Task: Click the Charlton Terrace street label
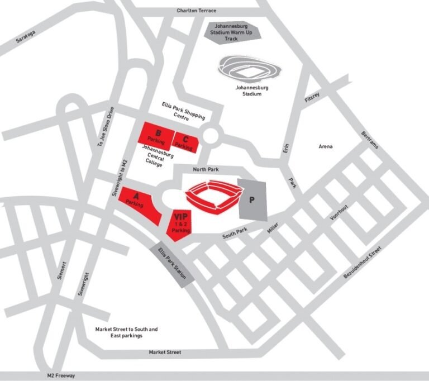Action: click(x=196, y=10)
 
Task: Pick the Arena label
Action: click(x=326, y=146)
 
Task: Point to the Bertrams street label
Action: click(x=370, y=140)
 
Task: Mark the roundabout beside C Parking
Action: click(x=211, y=135)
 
